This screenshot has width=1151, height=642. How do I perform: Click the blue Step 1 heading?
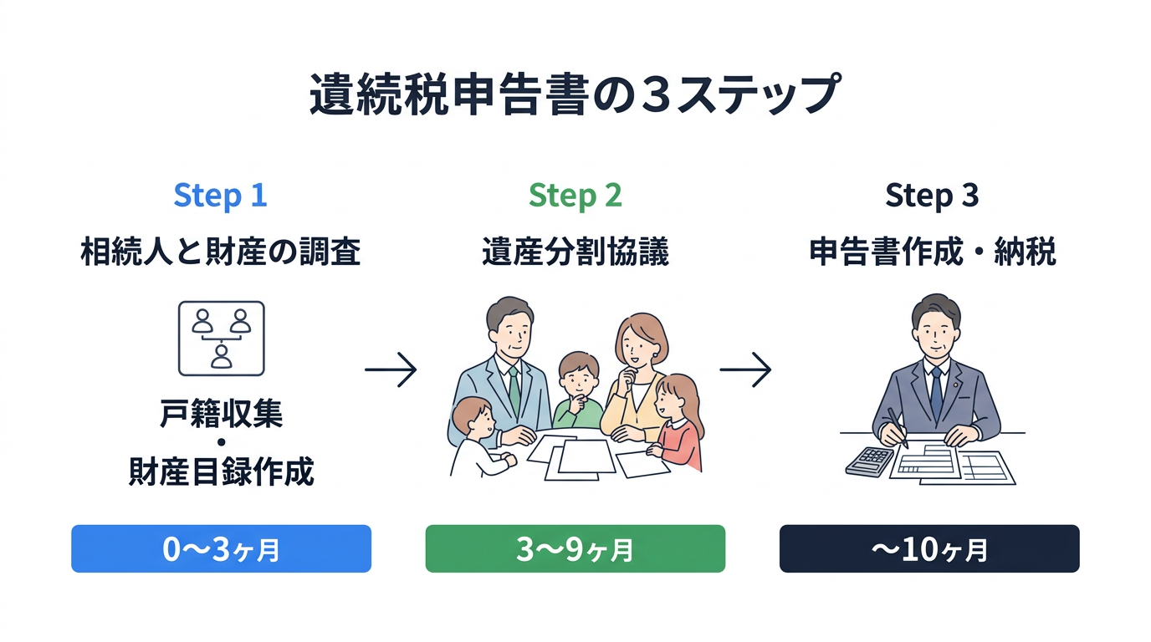click(220, 196)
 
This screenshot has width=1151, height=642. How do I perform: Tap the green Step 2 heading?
click(575, 196)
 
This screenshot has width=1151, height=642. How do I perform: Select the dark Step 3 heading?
click(931, 196)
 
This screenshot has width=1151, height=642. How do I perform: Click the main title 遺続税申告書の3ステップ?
click(575, 94)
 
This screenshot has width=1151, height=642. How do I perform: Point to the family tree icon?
click(221, 338)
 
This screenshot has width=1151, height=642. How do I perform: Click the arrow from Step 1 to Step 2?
click(391, 369)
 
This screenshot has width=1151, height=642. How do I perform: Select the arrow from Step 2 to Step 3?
click(745, 369)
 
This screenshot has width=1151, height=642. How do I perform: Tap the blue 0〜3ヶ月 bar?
click(221, 548)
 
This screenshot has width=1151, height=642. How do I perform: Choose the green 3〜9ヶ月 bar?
click(575, 548)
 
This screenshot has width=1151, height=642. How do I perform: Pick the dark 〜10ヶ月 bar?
click(929, 548)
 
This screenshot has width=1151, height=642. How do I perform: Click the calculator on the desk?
click(870, 461)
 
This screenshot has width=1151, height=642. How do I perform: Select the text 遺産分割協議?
click(575, 252)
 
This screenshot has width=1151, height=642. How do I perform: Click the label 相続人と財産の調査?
click(221, 252)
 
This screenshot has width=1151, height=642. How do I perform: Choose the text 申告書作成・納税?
click(932, 252)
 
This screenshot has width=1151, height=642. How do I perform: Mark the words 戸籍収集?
click(221, 415)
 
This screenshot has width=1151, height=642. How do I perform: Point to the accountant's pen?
click(898, 427)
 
